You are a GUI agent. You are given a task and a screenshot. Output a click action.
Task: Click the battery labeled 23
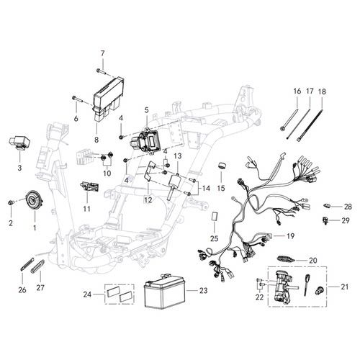tap(164, 291)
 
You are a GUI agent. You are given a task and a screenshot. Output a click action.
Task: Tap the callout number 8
tap(96, 140)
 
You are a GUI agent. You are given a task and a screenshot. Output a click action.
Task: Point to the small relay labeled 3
tap(18, 143)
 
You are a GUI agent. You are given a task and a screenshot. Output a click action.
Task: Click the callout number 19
tap(290, 236)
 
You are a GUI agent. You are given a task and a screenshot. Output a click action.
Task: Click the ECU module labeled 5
tap(144, 142)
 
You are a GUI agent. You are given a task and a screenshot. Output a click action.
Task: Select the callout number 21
tap(344, 287)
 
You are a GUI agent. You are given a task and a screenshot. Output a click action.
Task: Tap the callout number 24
tap(87, 294)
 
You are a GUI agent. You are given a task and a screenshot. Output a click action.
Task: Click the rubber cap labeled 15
tap(222, 166)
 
